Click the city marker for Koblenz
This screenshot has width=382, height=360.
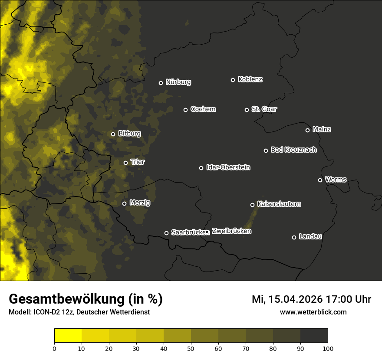click(233, 80)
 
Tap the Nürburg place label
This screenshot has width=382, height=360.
click(178, 82)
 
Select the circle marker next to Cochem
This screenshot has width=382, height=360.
click(185, 110)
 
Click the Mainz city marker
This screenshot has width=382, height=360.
click(307, 130)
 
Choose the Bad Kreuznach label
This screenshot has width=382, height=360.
click(293, 150)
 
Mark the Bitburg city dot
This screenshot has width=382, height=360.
click(113, 134)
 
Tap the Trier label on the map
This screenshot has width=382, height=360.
click(138, 162)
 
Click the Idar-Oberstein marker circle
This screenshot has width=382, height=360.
click(201, 168)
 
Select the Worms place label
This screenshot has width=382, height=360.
click(336, 179)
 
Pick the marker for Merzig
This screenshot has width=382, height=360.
click(124, 203)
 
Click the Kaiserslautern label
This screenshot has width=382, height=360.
click(279, 204)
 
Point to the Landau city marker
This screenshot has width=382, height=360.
click(294, 237)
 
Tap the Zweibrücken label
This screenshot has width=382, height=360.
click(231, 231)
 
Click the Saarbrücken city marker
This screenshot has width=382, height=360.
click(166, 233)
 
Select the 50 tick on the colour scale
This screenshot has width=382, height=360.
click(191, 348)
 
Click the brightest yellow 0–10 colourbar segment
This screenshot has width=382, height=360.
click(68, 336)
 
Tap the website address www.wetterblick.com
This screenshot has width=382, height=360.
click(313, 312)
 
